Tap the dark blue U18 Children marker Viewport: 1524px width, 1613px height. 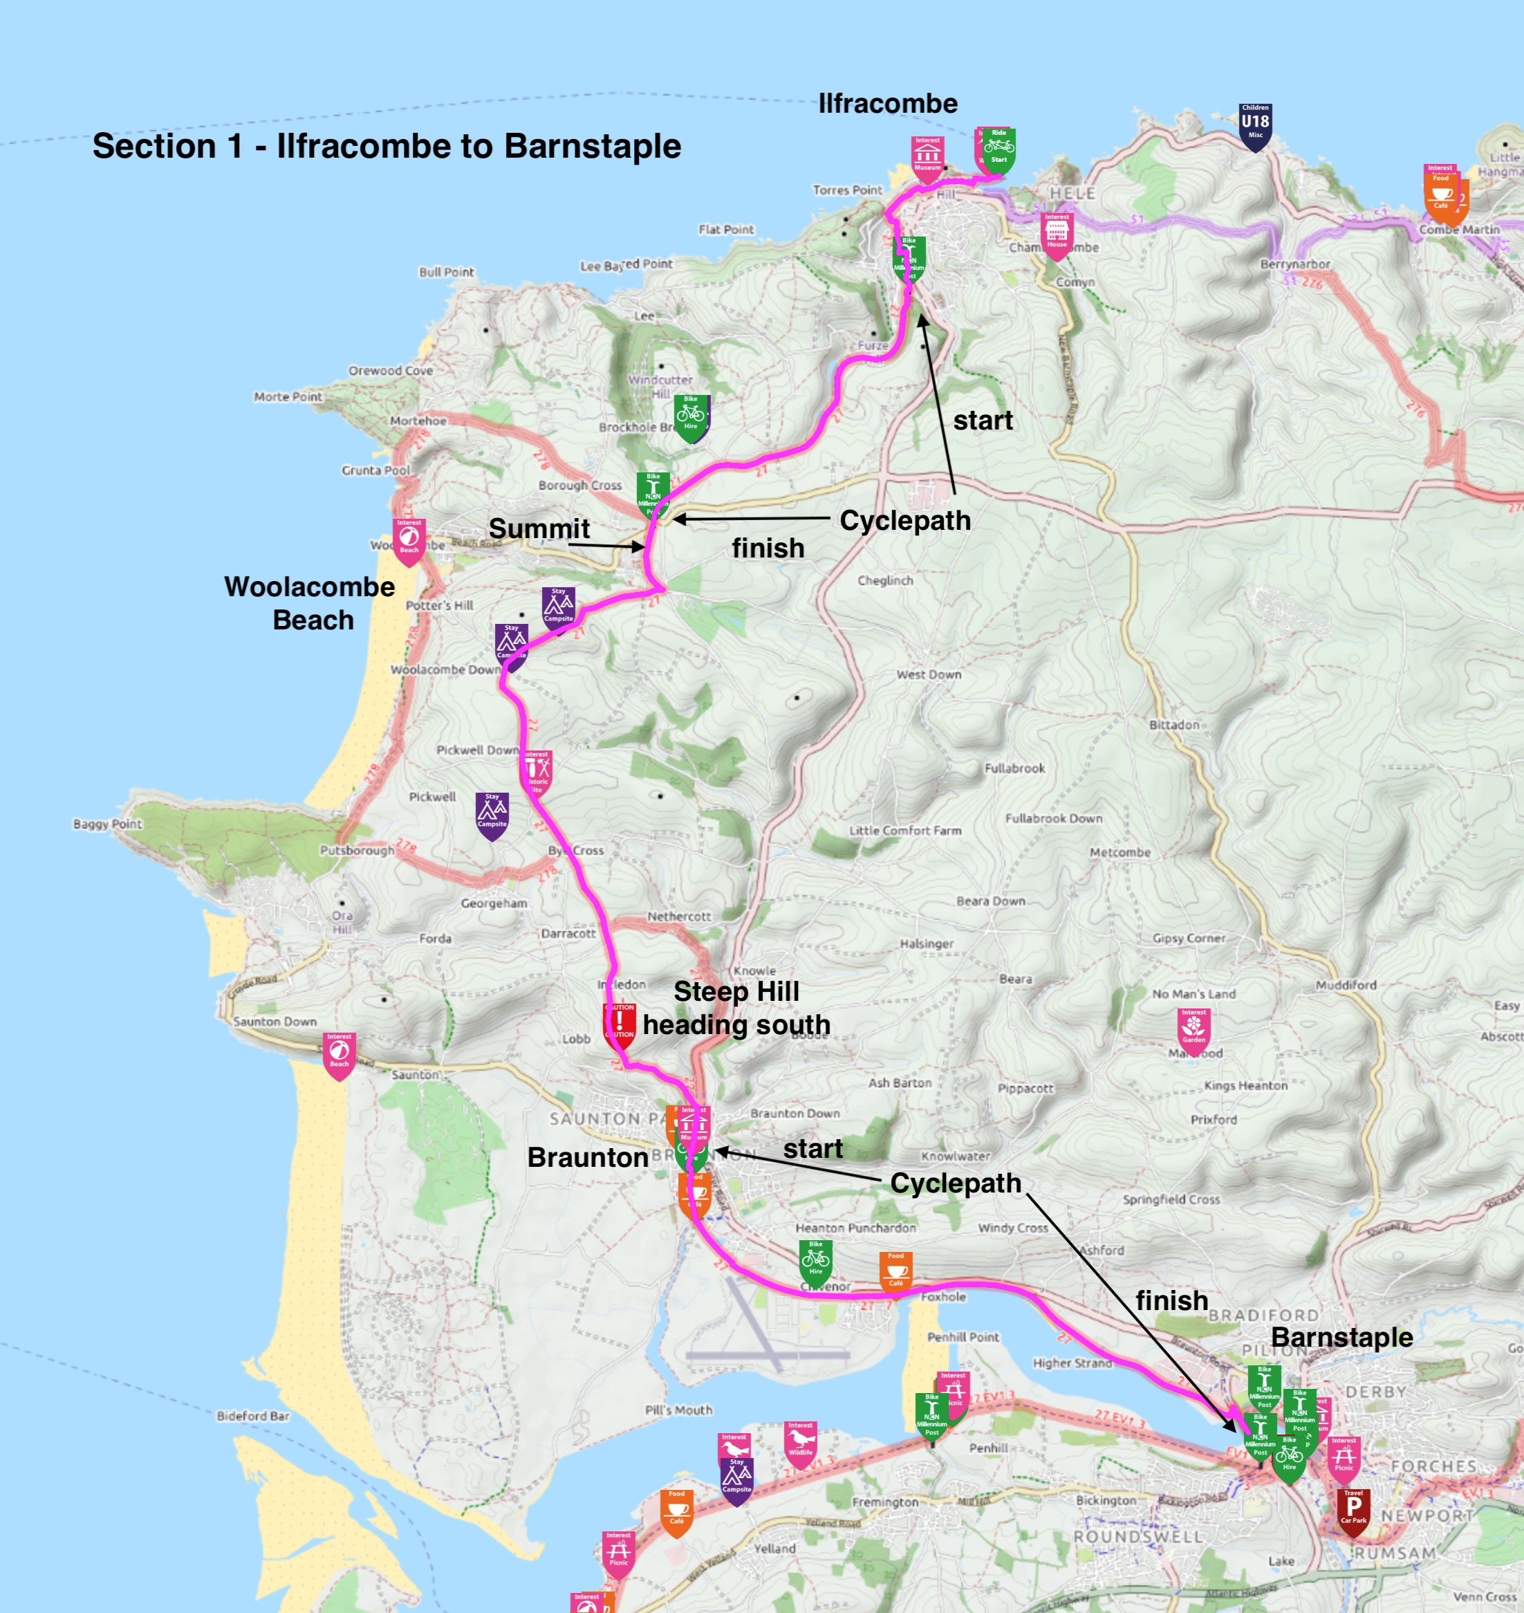pyautogui.click(x=1255, y=125)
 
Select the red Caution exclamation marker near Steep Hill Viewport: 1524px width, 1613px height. pyautogui.click(x=619, y=1023)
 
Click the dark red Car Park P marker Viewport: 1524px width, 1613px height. pyautogui.click(x=1353, y=1510)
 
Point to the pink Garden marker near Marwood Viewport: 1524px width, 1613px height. pyautogui.click(x=1193, y=1028)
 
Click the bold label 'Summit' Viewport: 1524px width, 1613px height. pyautogui.click(x=539, y=529)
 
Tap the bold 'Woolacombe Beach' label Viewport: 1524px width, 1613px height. pyautogui.click(x=310, y=603)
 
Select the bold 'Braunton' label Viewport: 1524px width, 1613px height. pyautogui.click(x=587, y=1157)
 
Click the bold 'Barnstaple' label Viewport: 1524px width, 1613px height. pyautogui.click(x=1341, y=1338)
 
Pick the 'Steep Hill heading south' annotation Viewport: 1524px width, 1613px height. pyautogui.click(x=736, y=1008)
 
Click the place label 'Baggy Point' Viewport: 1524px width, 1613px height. pyautogui.click(x=107, y=824)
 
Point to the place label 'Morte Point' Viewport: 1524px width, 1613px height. pyautogui.click(x=288, y=396)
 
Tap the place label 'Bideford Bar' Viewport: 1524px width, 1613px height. pyautogui.click(x=252, y=1417)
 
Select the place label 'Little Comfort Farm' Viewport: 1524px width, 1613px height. pyautogui.click(x=905, y=831)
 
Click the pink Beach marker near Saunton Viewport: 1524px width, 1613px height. pyautogui.click(x=339, y=1053)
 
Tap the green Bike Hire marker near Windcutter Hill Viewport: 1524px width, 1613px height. pyautogui.click(x=691, y=416)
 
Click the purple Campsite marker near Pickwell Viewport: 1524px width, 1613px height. pyautogui.click(x=492, y=813)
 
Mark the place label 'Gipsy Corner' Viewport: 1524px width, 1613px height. pyautogui.click(x=1189, y=939)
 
